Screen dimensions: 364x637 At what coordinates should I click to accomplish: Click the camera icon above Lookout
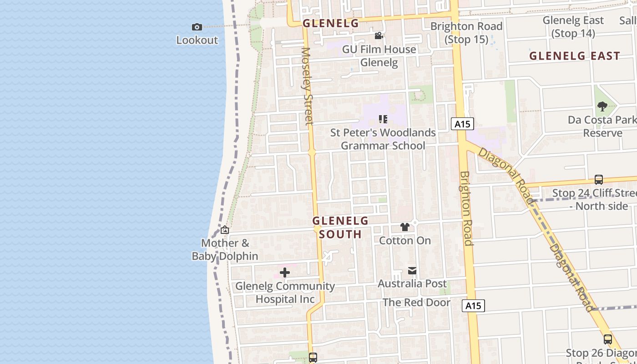coord(197,27)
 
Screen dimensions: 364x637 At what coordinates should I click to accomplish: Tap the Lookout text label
coord(197,40)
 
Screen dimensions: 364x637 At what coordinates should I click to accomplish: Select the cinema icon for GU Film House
coord(379,36)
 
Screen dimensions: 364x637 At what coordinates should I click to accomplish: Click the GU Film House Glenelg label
coord(379,56)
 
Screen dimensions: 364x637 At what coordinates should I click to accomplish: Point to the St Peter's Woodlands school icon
coord(383,119)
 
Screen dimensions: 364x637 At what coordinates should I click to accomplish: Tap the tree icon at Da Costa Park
coord(602,107)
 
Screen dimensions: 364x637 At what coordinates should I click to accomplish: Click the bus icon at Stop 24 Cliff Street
coord(599,180)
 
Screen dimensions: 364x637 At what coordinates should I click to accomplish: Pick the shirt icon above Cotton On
coord(404,227)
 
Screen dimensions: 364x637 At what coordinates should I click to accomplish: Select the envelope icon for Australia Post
coord(412,271)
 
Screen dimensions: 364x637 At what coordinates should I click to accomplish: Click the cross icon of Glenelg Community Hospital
coord(285,273)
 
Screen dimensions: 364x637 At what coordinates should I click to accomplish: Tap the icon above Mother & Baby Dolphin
coord(225,230)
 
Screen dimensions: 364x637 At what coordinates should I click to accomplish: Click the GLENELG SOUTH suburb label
coord(340,227)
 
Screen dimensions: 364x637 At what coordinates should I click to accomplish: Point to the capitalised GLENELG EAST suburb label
coord(575,56)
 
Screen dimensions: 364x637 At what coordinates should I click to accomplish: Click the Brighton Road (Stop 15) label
coord(466,33)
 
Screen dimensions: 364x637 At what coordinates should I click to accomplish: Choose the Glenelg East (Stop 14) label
coord(573,26)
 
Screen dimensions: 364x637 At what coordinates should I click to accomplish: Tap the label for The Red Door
coord(416,303)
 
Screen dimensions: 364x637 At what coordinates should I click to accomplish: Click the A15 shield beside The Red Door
coord(473,306)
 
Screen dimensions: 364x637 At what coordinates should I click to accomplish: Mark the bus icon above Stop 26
coord(607,339)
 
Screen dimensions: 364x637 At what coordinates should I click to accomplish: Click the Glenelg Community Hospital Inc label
coord(285,293)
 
